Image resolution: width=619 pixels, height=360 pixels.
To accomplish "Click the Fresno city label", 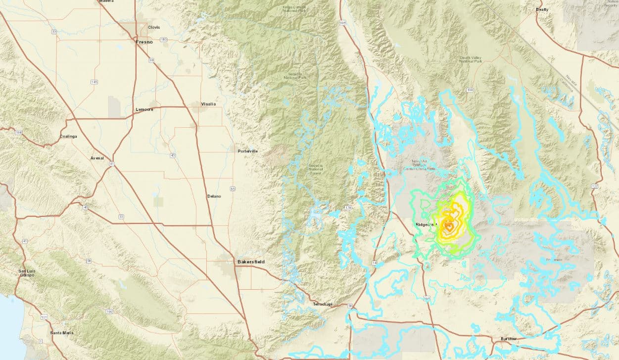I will (x=144, y=42).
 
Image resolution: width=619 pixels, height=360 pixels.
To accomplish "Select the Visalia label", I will (x=208, y=104).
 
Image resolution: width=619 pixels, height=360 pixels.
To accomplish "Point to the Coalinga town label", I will (x=68, y=136).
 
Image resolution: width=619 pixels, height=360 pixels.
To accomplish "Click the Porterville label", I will (x=248, y=151).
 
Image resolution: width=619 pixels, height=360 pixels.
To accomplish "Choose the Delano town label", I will (x=214, y=196).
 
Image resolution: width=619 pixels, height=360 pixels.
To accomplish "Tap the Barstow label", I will (x=508, y=338).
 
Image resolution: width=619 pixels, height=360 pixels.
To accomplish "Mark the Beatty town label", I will (x=543, y=9).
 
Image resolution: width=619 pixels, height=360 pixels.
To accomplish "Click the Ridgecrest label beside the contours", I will (x=427, y=224).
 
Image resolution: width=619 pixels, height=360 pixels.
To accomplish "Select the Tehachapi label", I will (x=324, y=304).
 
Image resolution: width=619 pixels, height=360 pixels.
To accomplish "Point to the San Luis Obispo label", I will (x=27, y=273).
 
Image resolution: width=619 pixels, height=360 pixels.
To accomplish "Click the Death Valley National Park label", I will (x=471, y=59).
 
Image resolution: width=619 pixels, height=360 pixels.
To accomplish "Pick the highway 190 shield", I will (x=470, y=90).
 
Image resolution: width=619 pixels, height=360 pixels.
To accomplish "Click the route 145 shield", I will (x=94, y=82).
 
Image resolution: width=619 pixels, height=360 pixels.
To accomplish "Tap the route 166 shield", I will (x=109, y=311).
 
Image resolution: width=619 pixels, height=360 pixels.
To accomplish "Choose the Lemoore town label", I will (x=144, y=109).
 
